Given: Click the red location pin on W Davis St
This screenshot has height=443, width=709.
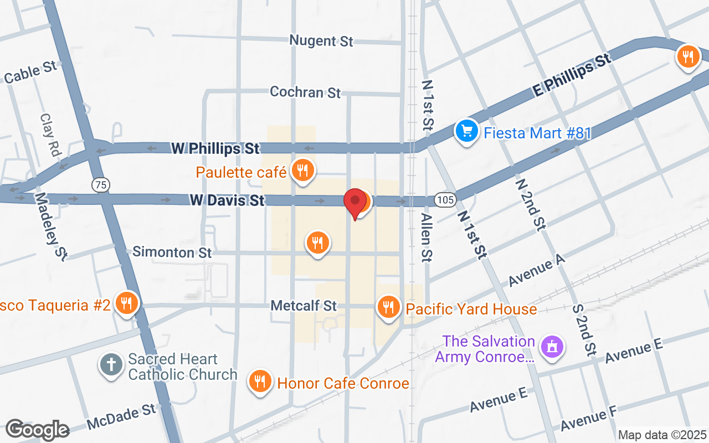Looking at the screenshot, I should click(x=355, y=203).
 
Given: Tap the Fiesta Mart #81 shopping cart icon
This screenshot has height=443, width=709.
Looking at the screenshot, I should click(x=466, y=131).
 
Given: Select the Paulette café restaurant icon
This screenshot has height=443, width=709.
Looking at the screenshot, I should click(x=302, y=170).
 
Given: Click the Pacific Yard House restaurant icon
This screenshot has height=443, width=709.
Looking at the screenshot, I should click(x=389, y=306).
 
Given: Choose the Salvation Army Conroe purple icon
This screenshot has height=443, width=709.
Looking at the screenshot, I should click(x=552, y=347).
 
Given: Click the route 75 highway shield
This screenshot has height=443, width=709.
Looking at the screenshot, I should click(x=101, y=185).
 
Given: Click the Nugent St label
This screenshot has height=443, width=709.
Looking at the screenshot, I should click(x=321, y=41).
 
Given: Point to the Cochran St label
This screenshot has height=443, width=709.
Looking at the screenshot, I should click(x=305, y=92).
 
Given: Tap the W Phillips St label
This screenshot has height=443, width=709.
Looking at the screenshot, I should click(x=215, y=148).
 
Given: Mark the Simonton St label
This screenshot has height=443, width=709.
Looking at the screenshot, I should click(x=172, y=253).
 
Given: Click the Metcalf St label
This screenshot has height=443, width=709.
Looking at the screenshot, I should click(x=304, y=306).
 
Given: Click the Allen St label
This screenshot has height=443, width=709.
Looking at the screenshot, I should click(x=426, y=238).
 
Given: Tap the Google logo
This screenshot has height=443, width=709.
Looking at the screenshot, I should click(x=37, y=430).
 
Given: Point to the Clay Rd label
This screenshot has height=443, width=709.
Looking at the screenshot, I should click(x=50, y=135).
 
